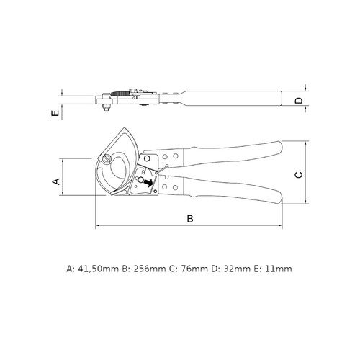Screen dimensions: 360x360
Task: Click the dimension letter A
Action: click(x=56, y=181)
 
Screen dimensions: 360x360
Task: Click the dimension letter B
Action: click(x=190, y=219)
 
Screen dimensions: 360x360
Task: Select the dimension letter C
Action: click(x=299, y=175)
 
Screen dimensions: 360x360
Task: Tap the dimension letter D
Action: click(x=299, y=101)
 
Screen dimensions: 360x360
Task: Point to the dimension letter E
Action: click(x=55, y=113)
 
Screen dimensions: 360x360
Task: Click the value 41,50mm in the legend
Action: click(x=99, y=269)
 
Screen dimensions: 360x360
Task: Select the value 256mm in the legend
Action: click(x=150, y=269)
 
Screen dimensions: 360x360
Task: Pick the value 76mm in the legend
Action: click(x=194, y=269)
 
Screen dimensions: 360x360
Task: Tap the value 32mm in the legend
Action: click(x=237, y=269)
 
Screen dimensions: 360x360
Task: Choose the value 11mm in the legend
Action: click(x=279, y=269)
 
